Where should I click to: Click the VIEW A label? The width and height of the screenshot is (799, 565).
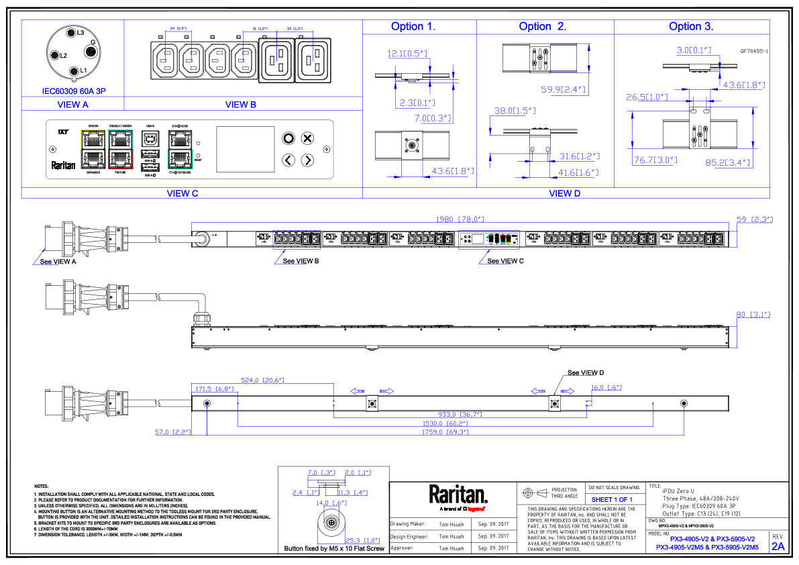tap(72, 105)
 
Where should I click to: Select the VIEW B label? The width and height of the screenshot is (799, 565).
tap(240, 105)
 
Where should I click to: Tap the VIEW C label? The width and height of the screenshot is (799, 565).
tap(182, 193)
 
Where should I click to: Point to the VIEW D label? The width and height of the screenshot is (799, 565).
tap(564, 193)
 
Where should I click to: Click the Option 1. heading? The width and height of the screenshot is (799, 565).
tap(413, 27)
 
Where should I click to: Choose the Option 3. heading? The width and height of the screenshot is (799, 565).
tap(691, 27)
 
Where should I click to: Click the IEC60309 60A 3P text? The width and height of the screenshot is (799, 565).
tap(74, 91)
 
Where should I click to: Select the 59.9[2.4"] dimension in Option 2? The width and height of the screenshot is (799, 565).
tap(563, 89)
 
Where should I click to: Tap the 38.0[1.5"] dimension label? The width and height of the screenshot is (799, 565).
tap(515, 111)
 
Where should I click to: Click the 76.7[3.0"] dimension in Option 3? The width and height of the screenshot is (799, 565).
tap(655, 160)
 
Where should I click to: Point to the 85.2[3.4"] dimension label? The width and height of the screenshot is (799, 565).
tap(729, 162)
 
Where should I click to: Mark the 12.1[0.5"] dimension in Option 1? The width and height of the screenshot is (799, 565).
tap(407, 54)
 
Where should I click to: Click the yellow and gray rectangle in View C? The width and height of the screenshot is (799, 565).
tap(93, 150)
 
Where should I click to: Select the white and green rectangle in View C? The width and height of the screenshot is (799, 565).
tap(180, 150)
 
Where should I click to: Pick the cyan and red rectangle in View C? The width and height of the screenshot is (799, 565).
tap(121, 150)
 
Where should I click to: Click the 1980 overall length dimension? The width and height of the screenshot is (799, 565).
tap(460, 219)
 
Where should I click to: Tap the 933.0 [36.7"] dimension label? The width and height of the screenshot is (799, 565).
tap(460, 415)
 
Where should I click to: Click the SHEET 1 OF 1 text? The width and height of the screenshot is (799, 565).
tap(611, 500)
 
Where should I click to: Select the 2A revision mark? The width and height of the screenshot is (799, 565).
tap(778, 546)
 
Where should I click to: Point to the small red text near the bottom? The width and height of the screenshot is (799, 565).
tap(476, 509)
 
